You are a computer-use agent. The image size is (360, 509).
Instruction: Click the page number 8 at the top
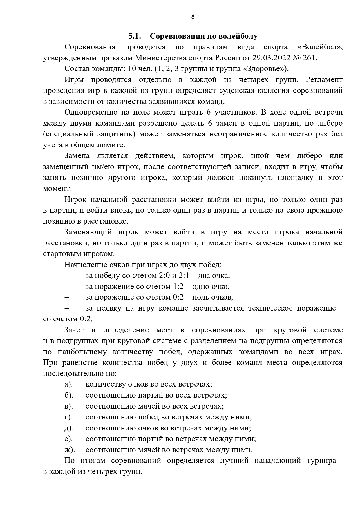tap(193, 17)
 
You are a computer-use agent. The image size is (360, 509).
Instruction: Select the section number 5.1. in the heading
tap(135, 36)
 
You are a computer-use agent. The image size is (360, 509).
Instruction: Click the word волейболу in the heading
tap(237, 36)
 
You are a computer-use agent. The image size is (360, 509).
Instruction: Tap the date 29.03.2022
tap(269, 58)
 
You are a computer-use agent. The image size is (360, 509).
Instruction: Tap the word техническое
tap(270, 308)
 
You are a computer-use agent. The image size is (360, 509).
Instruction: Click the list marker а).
tap(68, 384)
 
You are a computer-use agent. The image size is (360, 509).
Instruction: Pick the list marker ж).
tap(70, 450)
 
